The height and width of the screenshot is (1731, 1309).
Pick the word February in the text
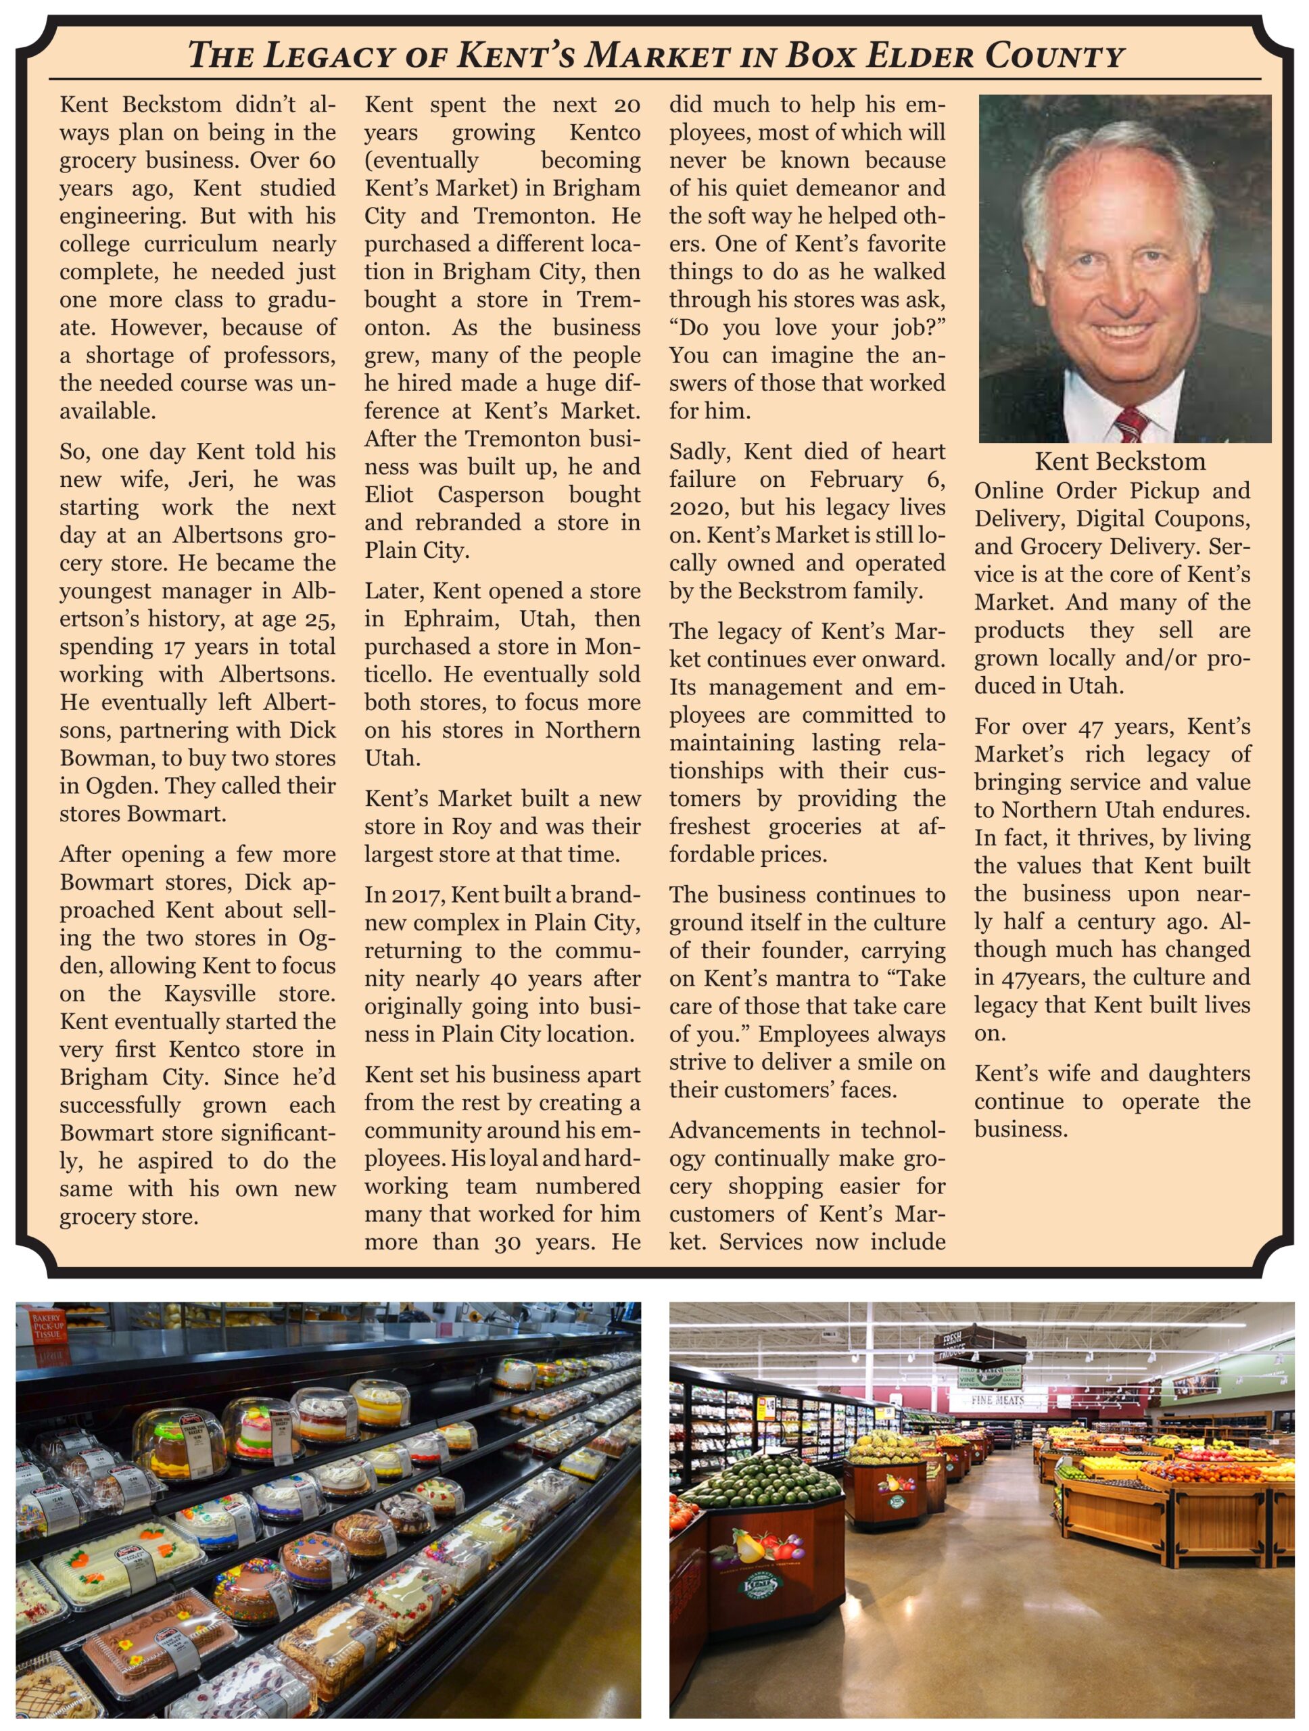[x=857, y=479]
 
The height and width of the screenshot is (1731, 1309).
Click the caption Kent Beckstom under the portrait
[x=1120, y=461]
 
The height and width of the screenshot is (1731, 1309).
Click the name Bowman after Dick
[x=100, y=758]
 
